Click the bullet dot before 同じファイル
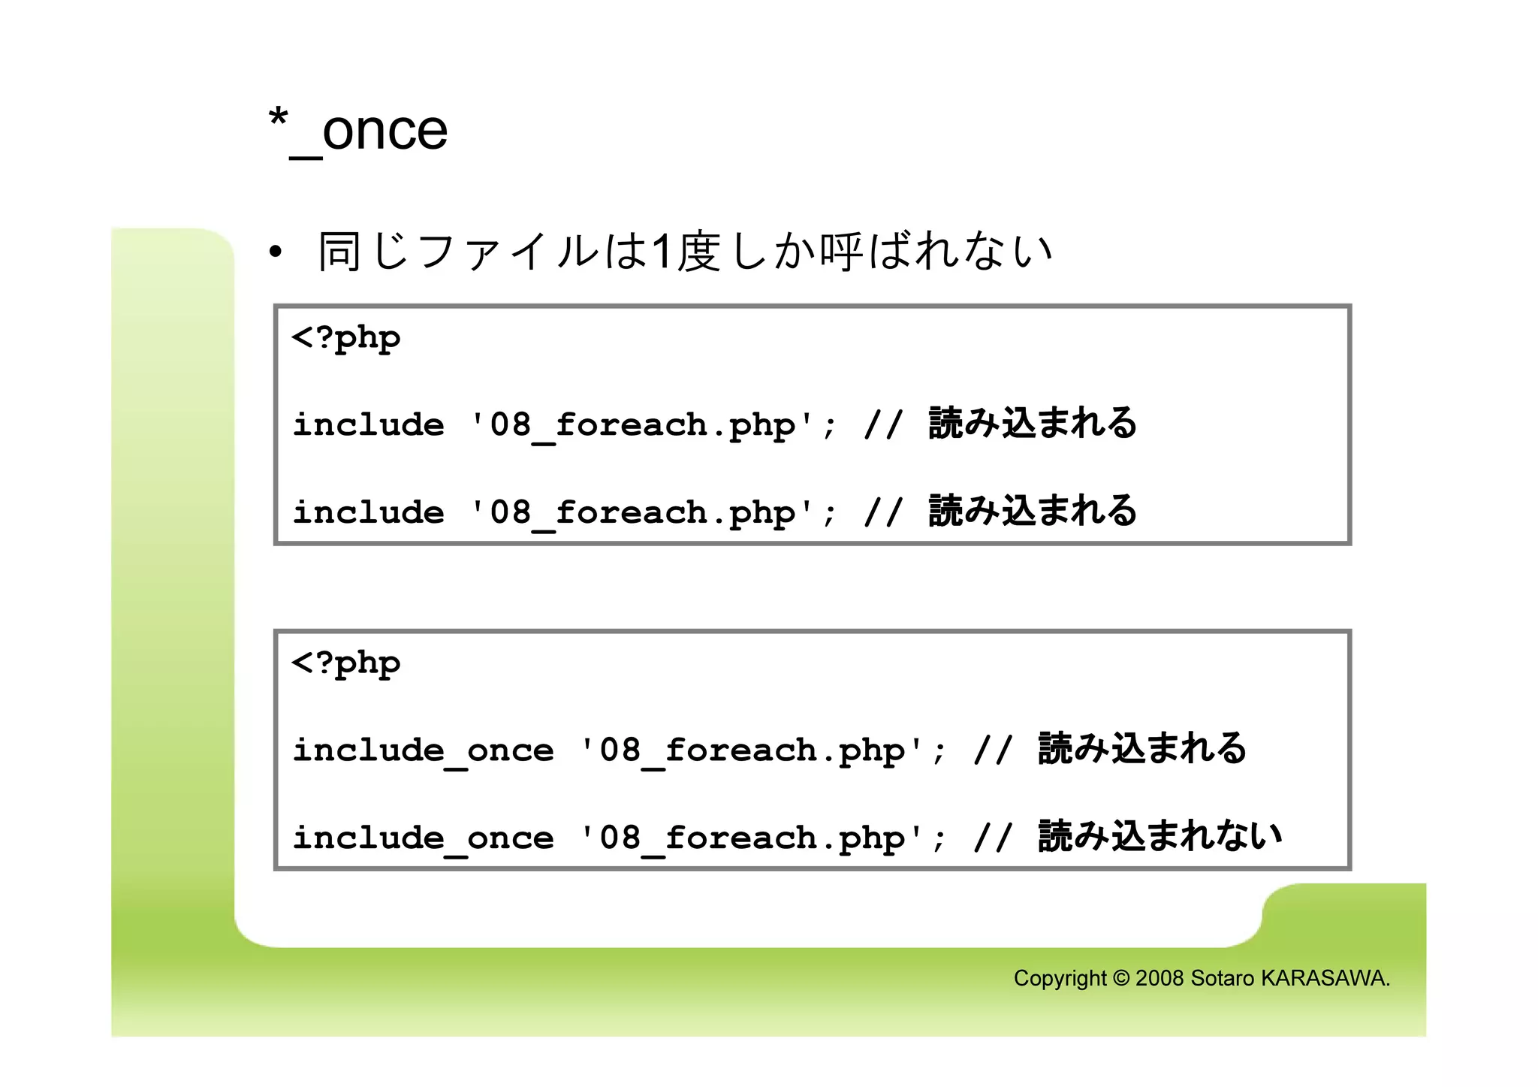tap(276, 252)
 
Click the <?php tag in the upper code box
tap(345, 339)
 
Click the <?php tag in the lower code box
tap(345, 664)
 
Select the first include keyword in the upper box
tap(368, 425)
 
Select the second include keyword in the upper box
tap(368, 513)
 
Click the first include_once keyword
tap(423, 750)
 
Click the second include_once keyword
tap(423, 838)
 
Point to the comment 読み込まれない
tap(1160, 836)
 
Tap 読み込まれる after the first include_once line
tap(1142, 749)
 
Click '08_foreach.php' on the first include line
tap(641, 426)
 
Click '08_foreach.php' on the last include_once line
tap(751, 838)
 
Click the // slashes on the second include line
tap(882, 513)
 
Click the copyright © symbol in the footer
tap(1120, 979)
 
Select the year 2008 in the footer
tap(1160, 979)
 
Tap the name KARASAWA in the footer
tap(1325, 979)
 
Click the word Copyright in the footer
tap(1060, 979)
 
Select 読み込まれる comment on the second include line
tap(1033, 511)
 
